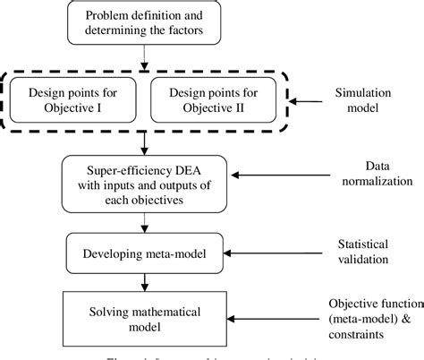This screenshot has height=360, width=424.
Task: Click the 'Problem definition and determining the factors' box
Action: pyautogui.click(x=144, y=24)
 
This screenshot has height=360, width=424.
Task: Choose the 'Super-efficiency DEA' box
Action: pyautogui.click(x=142, y=184)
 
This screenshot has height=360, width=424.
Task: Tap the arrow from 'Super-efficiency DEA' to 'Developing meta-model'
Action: pyautogui.click(x=143, y=222)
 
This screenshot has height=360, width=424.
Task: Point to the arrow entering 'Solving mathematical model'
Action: pyautogui.click(x=143, y=282)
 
